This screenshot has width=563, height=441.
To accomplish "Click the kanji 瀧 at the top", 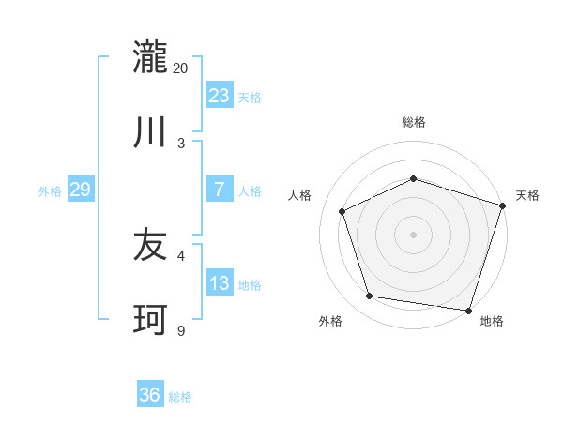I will (x=151, y=57).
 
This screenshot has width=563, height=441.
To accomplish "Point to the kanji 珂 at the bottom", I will (x=151, y=320).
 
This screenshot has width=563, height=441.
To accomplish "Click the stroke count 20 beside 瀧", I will (x=181, y=68).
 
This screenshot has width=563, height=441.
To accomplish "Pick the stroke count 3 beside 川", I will (x=181, y=143).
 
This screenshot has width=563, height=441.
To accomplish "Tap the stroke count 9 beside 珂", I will (x=181, y=330).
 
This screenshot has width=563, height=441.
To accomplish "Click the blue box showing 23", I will (x=220, y=95).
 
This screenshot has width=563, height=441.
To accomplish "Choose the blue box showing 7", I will (x=220, y=190).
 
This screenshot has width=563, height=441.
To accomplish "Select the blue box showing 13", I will (x=220, y=283).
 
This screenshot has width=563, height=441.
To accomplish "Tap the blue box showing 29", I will (x=80, y=190).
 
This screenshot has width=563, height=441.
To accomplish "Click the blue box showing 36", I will (x=150, y=395).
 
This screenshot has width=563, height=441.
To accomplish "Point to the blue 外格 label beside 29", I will (x=50, y=191).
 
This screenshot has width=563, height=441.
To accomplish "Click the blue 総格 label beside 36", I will (x=180, y=397).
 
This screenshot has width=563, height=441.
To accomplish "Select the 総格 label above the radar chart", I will (x=414, y=122).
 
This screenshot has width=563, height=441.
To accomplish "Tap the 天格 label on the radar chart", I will (x=527, y=195).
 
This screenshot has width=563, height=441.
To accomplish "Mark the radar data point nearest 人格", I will (x=342, y=211).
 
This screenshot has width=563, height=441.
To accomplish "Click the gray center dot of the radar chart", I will (x=413, y=235).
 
